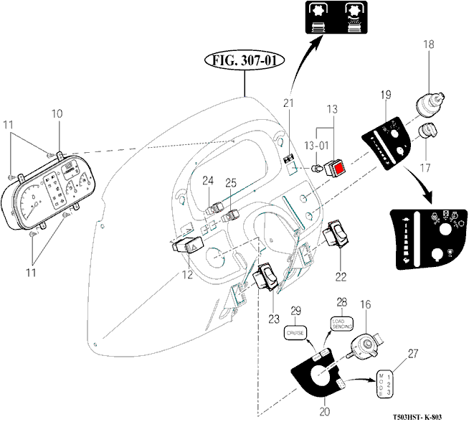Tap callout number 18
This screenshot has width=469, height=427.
(x=428, y=45)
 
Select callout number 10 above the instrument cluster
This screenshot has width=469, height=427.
(x=57, y=113)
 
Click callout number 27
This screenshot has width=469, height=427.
(x=412, y=352)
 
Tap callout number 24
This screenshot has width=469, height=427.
(x=207, y=179)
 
